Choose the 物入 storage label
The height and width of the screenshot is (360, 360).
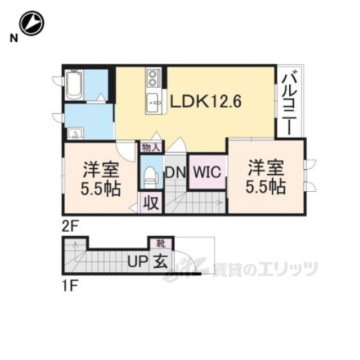click(x=151, y=147)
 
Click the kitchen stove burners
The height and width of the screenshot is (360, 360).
click(x=154, y=78)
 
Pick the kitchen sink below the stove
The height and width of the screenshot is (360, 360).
click(x=153, y=102)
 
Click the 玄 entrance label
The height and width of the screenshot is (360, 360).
click(x=157, y=262)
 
